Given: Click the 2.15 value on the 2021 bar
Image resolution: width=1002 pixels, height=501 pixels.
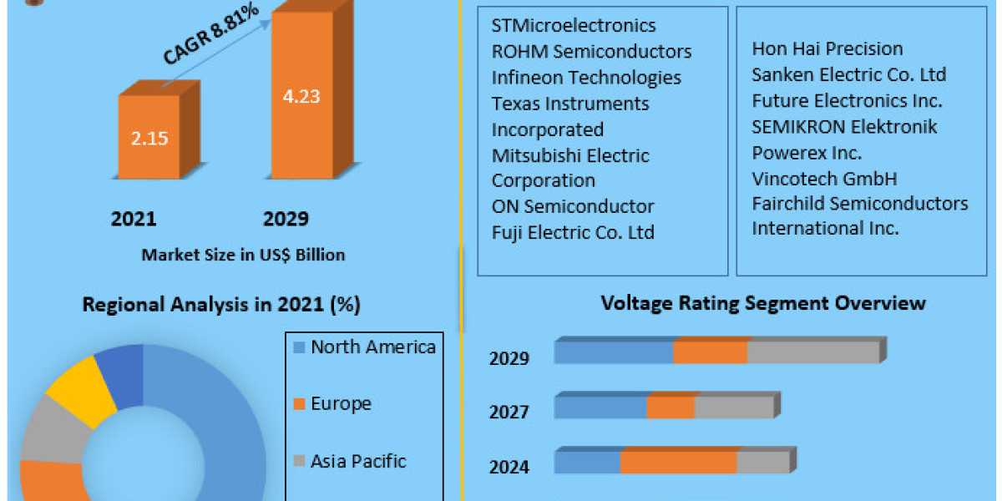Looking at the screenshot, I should point(149,138).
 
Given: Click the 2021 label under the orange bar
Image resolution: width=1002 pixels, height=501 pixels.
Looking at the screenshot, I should point(134,219).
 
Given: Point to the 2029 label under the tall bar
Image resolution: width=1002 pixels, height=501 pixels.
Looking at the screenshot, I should point(286,219).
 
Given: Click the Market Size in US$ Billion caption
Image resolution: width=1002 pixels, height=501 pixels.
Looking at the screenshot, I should point(243,255).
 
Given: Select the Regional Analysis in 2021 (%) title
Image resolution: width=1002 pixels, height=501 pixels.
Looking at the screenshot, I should point(221,305).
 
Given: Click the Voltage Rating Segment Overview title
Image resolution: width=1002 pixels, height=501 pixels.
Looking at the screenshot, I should point(763,302).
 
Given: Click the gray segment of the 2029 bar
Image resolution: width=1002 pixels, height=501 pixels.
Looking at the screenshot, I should point(812,352).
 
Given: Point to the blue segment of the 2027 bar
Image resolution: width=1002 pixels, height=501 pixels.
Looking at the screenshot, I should point(600,407).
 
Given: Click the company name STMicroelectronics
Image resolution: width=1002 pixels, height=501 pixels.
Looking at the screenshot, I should point(574,26).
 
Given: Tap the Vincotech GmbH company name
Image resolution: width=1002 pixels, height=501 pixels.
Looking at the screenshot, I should point(824,179).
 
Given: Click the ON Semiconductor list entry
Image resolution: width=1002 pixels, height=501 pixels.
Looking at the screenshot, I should point(573,206).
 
